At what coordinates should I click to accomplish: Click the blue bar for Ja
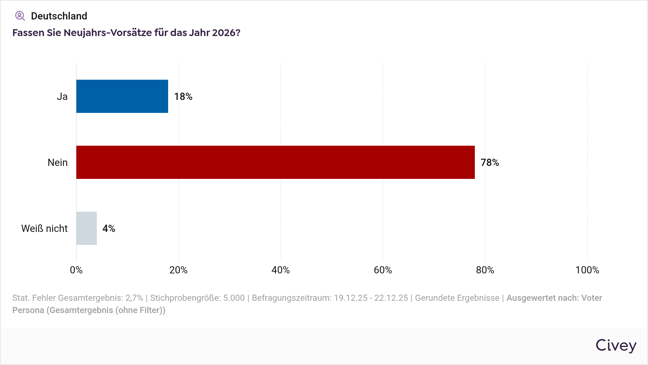pyautogui.click(x=122, y=96)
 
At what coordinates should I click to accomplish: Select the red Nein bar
pyautogui.click(x=275, y=162)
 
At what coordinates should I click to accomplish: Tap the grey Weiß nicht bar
pyautogui.click(x=86, y=228)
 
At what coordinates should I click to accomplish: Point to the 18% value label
pyautogui.click(x=183, y=97)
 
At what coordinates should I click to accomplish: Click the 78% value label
pyautogui.click(x=490, y=163)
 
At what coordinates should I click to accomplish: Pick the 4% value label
pyautogui.click(x=109, y=229)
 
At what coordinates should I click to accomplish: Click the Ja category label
pyautogui.click(x=62, y=97)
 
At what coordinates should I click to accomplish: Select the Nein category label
pyautogui.click(x=58, y=163)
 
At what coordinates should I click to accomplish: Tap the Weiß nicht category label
pyautogui.click(x=44, y=229)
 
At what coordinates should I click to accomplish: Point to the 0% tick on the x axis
pyautogui.click(x=76, y=270)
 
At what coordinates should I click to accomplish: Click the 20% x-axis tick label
pyautogui.click(x=179, y=270)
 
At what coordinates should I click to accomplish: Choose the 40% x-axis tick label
pyautogui.click(x=281, y=270)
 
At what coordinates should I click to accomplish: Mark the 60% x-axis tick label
pyautogui.click(x=383, y=270)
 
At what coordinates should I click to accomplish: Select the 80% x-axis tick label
pyautogui.click(x=485, y=270)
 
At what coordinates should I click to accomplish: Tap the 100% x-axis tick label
pyautogui.click(x=587, y=270)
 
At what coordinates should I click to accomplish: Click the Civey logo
pyautogui.click(x=616, y=346)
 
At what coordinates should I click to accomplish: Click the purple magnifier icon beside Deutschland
pyautogui.click(x=20, y=16)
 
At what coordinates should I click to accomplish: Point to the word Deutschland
pyautogui.click(x=59, y=16)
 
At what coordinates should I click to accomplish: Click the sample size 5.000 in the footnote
pyautogui.click(x=234, y=298)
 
